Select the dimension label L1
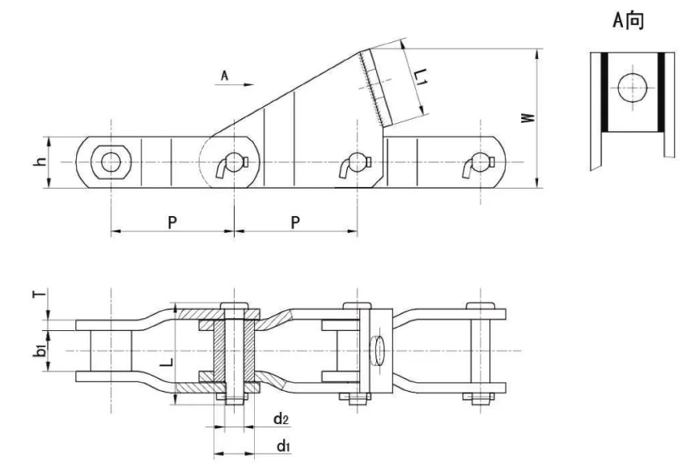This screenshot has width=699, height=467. [x=419, y=79]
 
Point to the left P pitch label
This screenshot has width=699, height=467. [x=172, y=223]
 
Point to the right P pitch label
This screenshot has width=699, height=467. [x=295, y=223]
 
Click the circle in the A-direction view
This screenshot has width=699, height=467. [x=630, y=88]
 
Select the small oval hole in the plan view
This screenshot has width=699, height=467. [x=377, y=350]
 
